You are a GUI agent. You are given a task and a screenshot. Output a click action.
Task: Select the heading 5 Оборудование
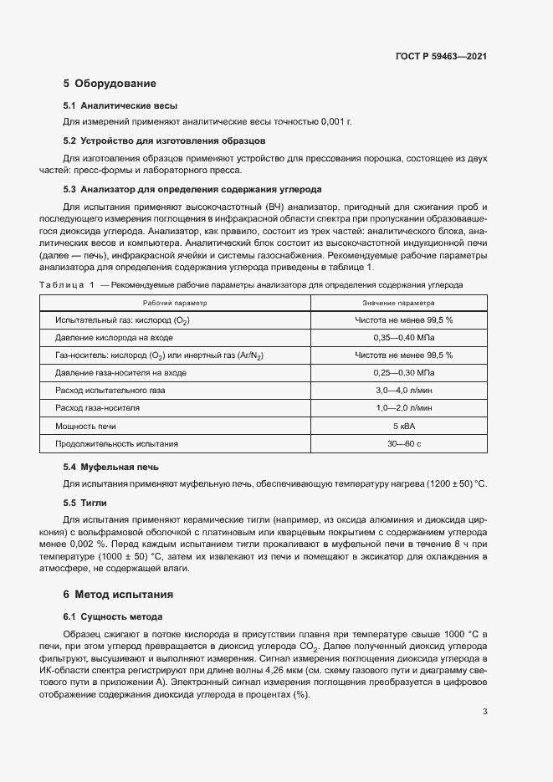point(110,84)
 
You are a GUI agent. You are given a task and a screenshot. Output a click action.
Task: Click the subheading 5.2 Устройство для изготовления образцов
point(165,141)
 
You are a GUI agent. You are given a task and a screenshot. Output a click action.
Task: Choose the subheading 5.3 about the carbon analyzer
point(192,189)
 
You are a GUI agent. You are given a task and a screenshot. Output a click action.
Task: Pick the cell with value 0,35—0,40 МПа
point(403,338)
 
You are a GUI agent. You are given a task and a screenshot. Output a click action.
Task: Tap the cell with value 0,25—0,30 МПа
point(403,372)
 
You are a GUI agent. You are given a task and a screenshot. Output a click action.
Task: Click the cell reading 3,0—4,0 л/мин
point(403,390)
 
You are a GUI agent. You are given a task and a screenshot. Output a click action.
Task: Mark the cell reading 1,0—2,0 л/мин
point(403,407)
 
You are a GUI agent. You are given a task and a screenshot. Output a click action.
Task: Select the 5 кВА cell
point(403,426)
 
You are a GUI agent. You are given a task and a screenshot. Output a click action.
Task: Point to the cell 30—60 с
point(403,443)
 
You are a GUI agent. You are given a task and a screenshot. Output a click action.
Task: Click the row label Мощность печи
point(85,426)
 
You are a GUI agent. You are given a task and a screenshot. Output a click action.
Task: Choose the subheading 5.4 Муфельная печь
point(111,467)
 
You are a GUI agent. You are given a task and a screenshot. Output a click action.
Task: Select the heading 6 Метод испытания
point(118,595)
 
